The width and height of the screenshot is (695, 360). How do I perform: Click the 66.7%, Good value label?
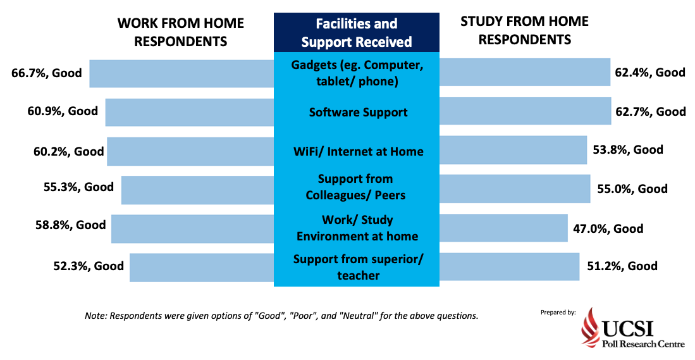[47, 73]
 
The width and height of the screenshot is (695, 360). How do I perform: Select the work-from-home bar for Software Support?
[190, 112]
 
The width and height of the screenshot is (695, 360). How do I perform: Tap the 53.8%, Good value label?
[628, 149]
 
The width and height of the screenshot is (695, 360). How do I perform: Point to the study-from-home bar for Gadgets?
[525, 72]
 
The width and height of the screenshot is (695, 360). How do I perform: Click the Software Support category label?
[358, 112]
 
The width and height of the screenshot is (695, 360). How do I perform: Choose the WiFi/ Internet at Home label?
[358, 152]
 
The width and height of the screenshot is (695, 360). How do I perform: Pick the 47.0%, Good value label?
[608, 229]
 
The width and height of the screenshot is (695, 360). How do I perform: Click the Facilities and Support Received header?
[357, 32]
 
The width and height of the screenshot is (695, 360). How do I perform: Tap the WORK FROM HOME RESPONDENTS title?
[181, 32]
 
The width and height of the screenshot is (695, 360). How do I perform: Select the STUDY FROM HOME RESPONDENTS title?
[525, 30]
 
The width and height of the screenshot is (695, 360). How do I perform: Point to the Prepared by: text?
[558, 313]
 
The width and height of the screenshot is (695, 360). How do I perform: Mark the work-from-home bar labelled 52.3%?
[202, 268]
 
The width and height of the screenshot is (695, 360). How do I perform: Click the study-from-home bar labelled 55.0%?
[515, 189]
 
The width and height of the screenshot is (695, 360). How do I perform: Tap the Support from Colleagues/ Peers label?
[355, 187]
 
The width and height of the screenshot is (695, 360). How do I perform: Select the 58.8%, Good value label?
[70, 225]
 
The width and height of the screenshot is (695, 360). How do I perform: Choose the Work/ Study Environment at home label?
[357, 228]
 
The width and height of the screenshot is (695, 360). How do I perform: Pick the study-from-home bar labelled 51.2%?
[509, 267]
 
